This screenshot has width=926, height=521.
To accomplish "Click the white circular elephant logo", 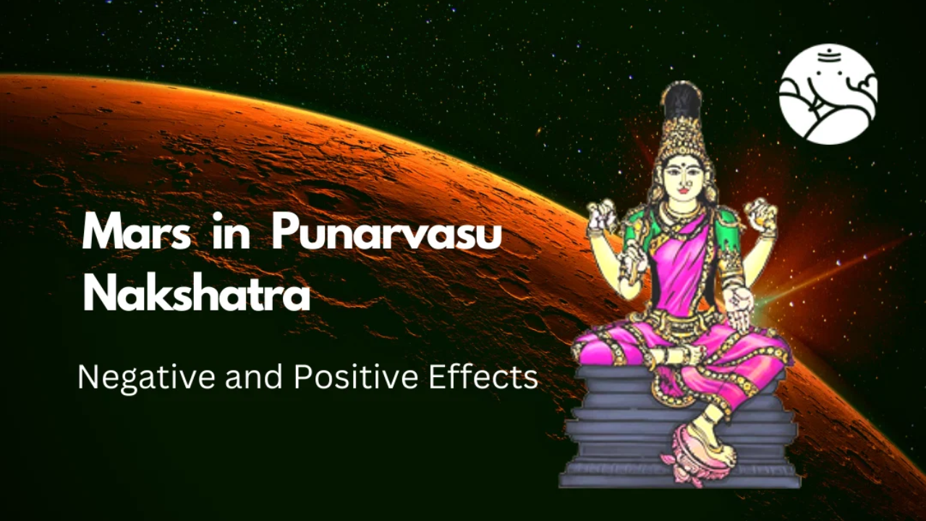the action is click(x=828, y=94).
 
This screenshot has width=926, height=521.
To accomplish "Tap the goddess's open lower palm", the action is click(x=740, y=306).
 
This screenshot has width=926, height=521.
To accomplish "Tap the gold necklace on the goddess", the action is click(x=682, y=213).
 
